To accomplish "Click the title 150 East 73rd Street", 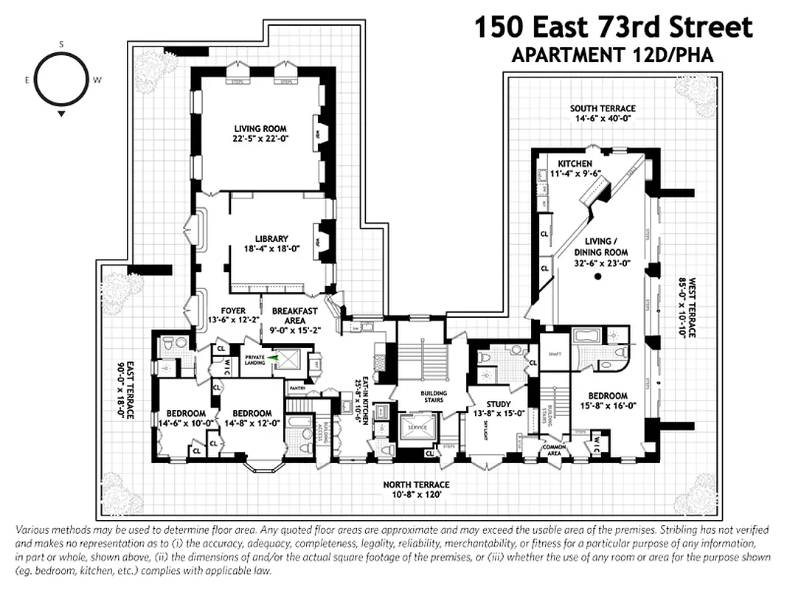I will tap(613, 28).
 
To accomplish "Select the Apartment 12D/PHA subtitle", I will tap(613, 56).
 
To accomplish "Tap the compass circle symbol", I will tap(61, 80).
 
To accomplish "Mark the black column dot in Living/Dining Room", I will tap(599, 277).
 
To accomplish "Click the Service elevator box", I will tap(416, 427).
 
